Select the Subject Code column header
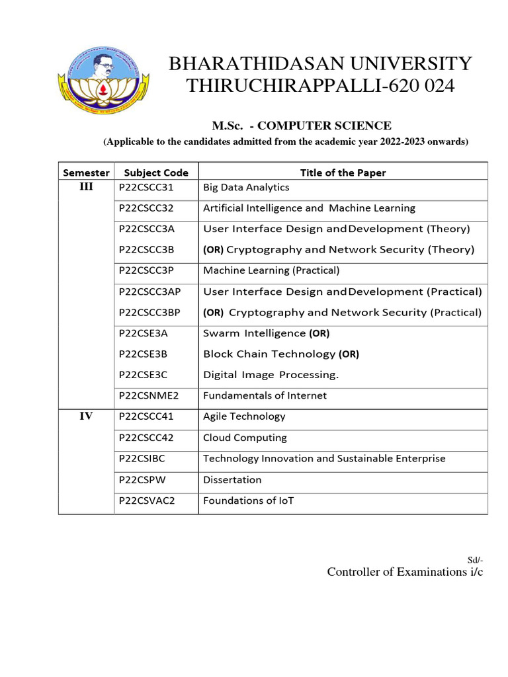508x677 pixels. pyautogui.click(x=156, y=173)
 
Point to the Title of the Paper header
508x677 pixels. pyautogui.click(x=343, y=173)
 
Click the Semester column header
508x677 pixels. pyautogui.click(x=86, y=173)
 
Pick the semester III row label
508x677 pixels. pyautogui.click(x=86, y=187)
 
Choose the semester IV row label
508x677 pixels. pyautogui.click(x=86, y=417)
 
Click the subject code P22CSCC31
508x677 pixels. pyautogui.click(x=146, y=188)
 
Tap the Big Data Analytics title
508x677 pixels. pyautogui.click(x=246, y=188)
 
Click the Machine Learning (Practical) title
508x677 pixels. pyautogui.click(x=271, y=270)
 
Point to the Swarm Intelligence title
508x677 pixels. pyautogui.click(x=255, y=333)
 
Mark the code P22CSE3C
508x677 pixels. pyautogui.click(x=144, y=375)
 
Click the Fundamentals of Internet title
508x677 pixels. pyautogui.click(x=265, y=396)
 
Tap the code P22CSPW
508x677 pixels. pyautogui.click(x=142, y=480)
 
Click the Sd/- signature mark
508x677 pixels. pyautogui.click(x=476, y=560)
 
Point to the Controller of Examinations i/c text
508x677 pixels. pyautogui.click(x=405, y=573)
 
